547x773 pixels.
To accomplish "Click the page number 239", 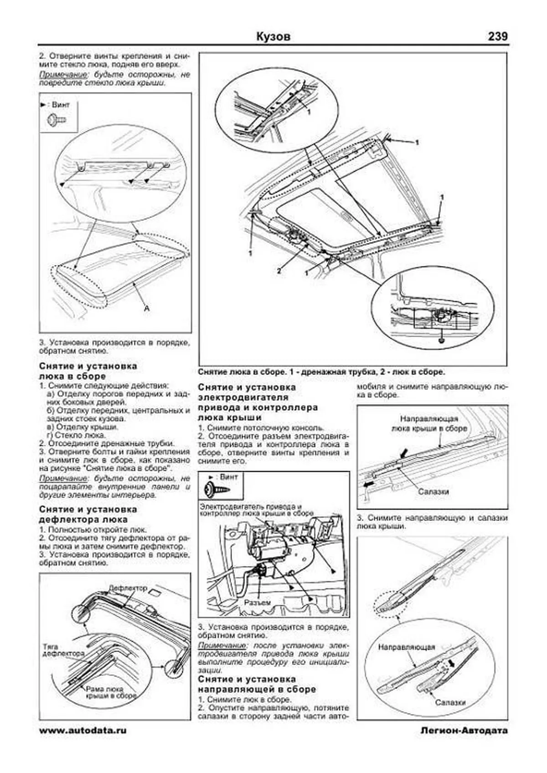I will click(x=497, y=36).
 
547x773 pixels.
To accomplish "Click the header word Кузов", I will click(x=273, y=36).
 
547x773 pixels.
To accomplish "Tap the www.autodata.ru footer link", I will click(x=83, y=731).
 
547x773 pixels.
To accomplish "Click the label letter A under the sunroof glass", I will click(x=147, y=308).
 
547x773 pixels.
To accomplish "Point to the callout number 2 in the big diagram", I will click(x=279, y=271).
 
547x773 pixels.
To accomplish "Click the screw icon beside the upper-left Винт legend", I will click(x=57, y=120).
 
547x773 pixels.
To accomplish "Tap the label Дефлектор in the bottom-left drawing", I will click(x=128, y=588).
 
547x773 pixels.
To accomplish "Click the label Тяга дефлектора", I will click(x=63, y=650).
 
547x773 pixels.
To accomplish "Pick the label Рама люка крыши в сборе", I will click(x=111, y=693).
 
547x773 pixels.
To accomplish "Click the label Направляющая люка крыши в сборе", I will click(x=429, y=423).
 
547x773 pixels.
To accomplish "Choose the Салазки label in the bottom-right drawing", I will click(x=450, y=702).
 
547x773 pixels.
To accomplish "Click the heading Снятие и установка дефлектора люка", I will click(x=88, y=514).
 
